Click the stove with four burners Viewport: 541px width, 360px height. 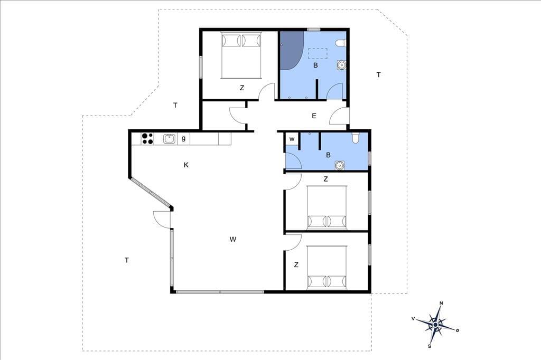point(147,139)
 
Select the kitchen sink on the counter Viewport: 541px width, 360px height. point(169,139)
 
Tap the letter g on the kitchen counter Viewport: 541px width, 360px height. point(183,138)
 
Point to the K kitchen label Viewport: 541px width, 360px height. point(186,165)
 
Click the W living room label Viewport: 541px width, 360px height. point(233,239)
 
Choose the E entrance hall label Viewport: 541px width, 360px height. point(314,116)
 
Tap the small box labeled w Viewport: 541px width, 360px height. point(292,139)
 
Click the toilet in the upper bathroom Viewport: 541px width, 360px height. point(341,43)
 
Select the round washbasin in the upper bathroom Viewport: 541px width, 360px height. point(341,65)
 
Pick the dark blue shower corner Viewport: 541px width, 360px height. point(290,50)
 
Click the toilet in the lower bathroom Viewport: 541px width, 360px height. point(356,138)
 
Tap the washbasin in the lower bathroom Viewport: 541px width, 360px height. point(340,166)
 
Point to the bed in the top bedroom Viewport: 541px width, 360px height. point(241,55)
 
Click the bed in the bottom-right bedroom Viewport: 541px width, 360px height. point(327,267)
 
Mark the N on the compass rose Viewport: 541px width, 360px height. point(441,303)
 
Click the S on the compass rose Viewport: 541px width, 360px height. point(430,346)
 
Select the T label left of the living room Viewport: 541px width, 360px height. point(127,260)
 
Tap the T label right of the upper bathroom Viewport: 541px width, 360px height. point(378,74)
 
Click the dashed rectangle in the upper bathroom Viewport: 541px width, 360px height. point(318,53)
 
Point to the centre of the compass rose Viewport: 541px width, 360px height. point(436,325)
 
